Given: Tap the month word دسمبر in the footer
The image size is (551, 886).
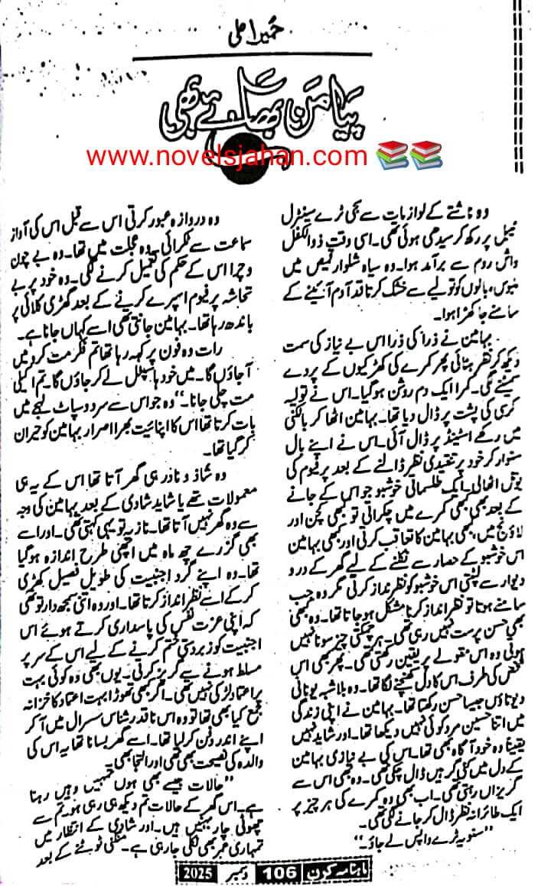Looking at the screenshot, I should click(x=243, y=871).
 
